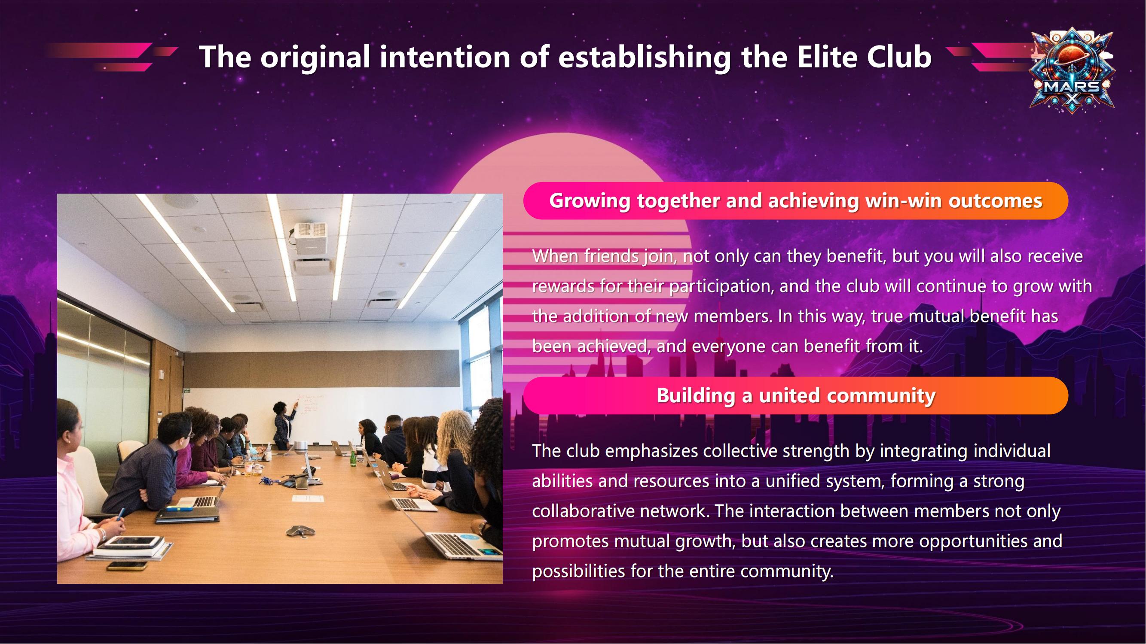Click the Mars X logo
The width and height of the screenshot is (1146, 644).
pyautogui.click(x=1072, y=71)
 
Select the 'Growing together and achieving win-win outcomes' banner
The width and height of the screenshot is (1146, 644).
pyautogui.click(x=796, y=201)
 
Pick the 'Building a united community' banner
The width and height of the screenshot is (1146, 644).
pyautogui.click(x=796, y=395)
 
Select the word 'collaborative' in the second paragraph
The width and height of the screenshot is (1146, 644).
pyautogui.click(x=583, y=511)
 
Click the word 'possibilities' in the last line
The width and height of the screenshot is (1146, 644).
pyautogui.click(x=579, y=571)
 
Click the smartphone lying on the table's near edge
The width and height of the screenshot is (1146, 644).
pyautogui.click(x=127, y=566)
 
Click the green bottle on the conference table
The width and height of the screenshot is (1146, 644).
pyautogui.click(x=353, y=458)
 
